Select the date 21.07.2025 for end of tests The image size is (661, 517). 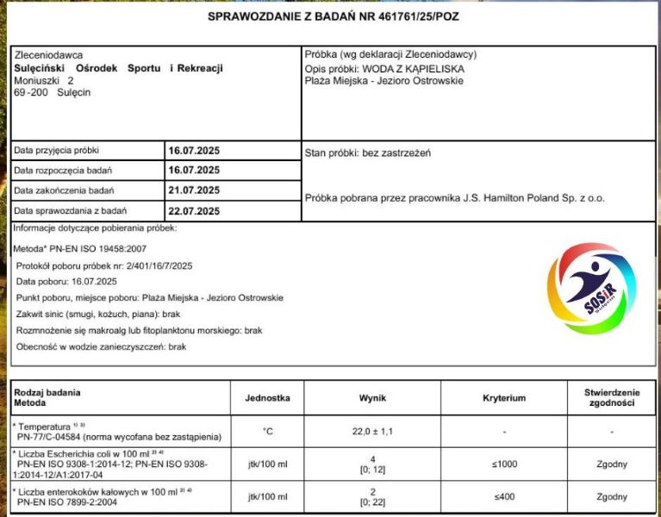point(194,190)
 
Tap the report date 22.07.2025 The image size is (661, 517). point(194,211)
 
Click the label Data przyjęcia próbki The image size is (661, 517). point(56,150)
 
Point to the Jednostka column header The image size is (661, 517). point(269,398)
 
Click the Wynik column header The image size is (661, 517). point(372,398)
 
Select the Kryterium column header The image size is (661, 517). point(504,398)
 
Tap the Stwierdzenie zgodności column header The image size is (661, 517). point(611,398)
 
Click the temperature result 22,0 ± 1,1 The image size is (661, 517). point(372,431)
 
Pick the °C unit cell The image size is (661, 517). point(269,431)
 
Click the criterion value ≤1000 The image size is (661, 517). point(504,464)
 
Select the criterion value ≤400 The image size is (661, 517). point(504,497)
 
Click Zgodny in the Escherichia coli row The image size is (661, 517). point(611,464)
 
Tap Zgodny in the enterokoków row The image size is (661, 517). point(611,497)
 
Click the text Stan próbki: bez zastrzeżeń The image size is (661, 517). point(368,153)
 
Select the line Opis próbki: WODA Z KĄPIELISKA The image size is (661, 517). point(384,68)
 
